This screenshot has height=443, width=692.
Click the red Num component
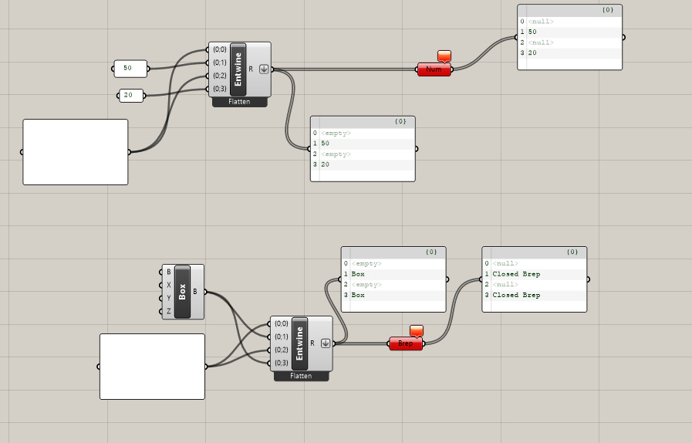tap(434, 69)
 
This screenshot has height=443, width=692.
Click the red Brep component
tap(406, 344)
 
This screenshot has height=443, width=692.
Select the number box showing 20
tap(130, 96)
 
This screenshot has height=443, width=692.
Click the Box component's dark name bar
tap(183, 292)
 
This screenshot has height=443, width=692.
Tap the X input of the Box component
tap(168, 285)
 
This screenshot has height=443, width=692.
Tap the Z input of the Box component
tap(168, 311)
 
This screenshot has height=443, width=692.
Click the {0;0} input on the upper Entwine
tap(219, 49)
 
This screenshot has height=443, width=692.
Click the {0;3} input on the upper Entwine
tap(219, 89)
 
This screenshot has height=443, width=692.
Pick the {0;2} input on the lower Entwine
tap(281, 350)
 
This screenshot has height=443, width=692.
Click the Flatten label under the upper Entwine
tap(239, 102)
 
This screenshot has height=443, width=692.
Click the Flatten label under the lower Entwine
tap(301, 376)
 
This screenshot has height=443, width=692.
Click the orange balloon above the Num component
tap(444, 56)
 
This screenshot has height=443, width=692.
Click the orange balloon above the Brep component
tap(417, 330)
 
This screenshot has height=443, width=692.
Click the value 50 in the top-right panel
tap(533, 32)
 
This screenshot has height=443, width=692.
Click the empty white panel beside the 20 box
tap(76, 152)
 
